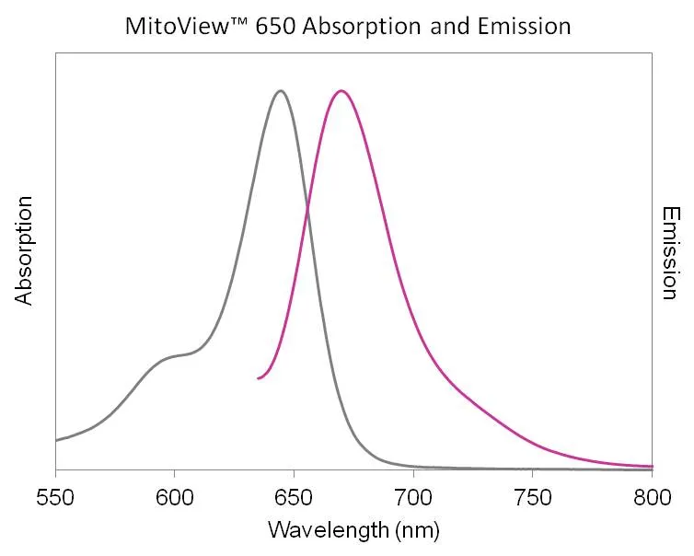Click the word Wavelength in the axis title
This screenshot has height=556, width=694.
click(318, 530)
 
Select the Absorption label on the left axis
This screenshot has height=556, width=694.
click(24, 250)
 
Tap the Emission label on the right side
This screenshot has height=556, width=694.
click(671, 252)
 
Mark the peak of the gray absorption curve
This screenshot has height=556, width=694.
click(281, 90)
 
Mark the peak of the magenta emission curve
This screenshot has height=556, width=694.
click(341, 90)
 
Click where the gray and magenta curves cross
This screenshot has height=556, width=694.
click(307, 210)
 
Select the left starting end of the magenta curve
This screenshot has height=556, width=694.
click(259, 378)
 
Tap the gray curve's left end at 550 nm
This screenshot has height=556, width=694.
click(57, 440)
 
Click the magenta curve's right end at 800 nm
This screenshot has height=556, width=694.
click(651, 466)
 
